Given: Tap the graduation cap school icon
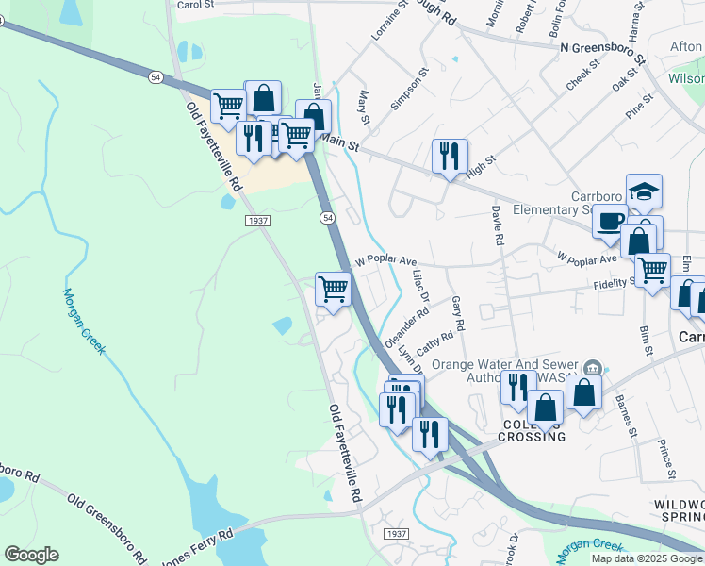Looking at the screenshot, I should pos(644,191).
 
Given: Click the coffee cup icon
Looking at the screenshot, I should pos(610,222).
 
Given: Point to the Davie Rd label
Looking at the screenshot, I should pos(497,226).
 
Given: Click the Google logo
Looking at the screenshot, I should pos(31,555).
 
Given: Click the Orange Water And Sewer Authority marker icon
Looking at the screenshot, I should pos(592,367).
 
